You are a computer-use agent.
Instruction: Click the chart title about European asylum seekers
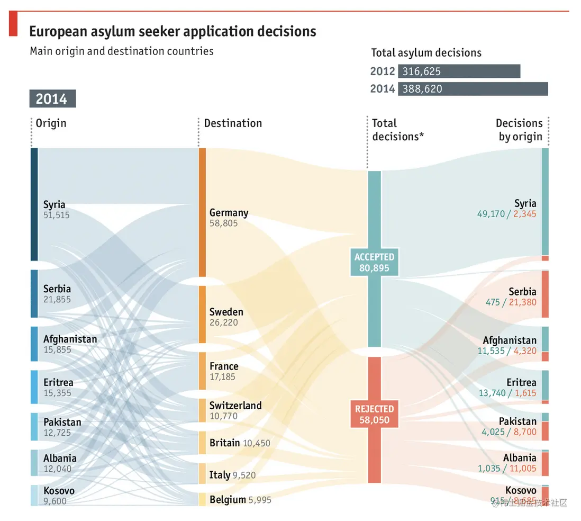pos(173,31)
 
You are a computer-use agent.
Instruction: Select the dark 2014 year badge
pos(52,99)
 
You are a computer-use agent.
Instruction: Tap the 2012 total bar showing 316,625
pos(459,71)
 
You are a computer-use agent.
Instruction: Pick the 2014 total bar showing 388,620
pos(473,89)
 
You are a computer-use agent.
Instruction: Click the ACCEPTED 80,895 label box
pos(374,263)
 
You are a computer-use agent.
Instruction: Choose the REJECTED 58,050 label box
pos(374,415)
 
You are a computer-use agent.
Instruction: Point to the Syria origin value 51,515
pos(57,215)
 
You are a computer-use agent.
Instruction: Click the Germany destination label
pos(229,213)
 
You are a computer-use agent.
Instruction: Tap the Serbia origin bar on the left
pos(34,293)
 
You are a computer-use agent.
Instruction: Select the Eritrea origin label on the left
pos(58,382)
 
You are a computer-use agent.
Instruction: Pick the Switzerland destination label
pos(235,406)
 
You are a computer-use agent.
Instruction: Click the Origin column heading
pos(51,123)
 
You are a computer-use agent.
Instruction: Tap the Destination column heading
pos(233,123)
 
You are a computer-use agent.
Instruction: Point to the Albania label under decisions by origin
pos(519,458)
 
